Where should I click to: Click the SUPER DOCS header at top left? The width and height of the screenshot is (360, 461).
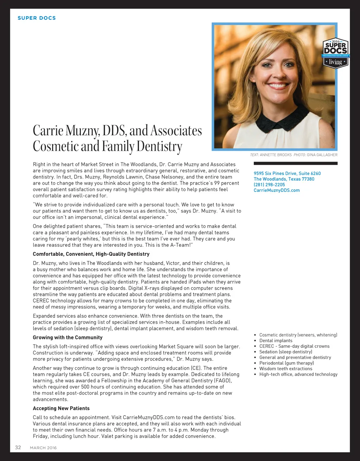[37, 18]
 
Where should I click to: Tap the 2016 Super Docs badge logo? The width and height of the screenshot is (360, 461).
[335, 53]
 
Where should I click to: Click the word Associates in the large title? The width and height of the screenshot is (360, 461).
[176, 130]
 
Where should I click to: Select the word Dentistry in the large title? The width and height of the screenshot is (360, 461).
[159, 146]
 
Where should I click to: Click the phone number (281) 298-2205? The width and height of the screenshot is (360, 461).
[269, 184]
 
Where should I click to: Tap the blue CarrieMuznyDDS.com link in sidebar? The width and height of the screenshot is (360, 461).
[277, 190]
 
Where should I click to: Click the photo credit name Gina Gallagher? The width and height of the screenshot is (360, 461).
[322, 155]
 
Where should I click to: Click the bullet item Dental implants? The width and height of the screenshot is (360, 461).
[276, 340]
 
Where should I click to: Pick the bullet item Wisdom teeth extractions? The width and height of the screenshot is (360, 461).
[285, 369]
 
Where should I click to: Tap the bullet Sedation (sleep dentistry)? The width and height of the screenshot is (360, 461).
[285, 352]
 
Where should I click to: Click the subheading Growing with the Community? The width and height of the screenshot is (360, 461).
[67, 337]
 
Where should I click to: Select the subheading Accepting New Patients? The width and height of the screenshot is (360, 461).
[61, 408]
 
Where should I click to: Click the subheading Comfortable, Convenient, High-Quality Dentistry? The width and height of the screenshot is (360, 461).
[91, 254]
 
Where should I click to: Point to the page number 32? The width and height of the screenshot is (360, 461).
[18, 447]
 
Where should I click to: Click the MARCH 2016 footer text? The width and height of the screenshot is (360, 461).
[43, 448]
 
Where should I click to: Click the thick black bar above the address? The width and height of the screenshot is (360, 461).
[295, 163]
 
